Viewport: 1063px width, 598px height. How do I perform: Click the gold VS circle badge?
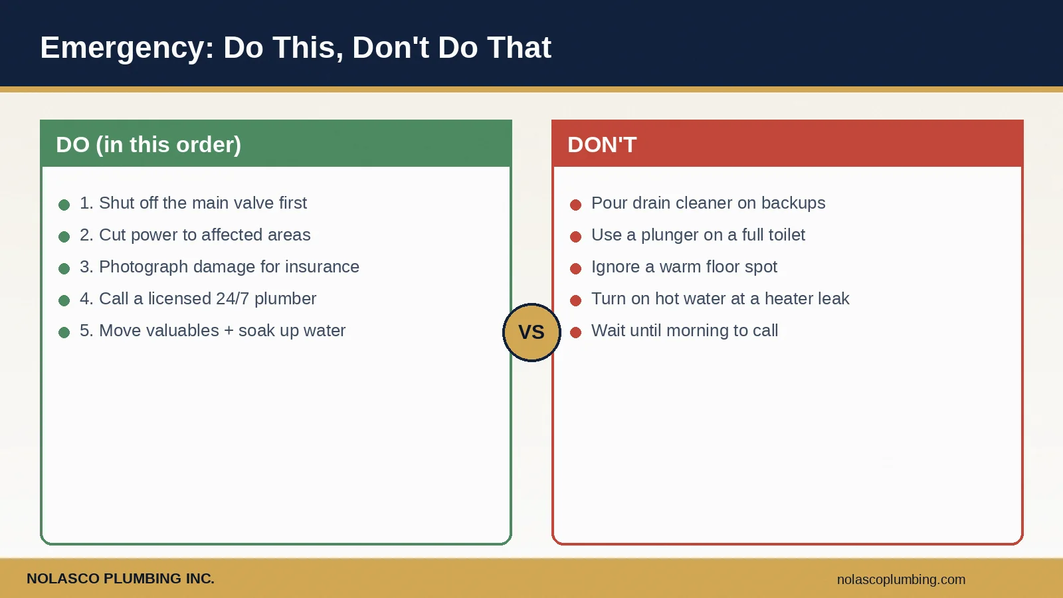[531, 332]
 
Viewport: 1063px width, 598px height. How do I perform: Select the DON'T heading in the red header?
[602, 145]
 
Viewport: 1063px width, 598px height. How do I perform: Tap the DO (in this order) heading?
[149, 145]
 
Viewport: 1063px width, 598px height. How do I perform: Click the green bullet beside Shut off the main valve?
[64, 205]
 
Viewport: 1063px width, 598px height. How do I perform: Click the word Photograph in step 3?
[144, 267]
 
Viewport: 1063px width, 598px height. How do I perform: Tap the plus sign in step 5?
[229, 331]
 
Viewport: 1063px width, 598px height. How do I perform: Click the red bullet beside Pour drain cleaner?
[575, 205]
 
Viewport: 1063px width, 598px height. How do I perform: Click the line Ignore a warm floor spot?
[684, 267]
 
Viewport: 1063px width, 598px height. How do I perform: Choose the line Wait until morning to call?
[685, 330]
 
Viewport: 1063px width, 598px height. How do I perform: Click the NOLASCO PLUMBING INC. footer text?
[120, 579]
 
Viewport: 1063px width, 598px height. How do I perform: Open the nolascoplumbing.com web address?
[901, 579]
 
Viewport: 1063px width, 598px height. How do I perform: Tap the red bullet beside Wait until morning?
[575, 333]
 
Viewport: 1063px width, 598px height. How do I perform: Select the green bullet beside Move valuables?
[64, 333]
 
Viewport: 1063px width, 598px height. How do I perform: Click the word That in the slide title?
[519, 47]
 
